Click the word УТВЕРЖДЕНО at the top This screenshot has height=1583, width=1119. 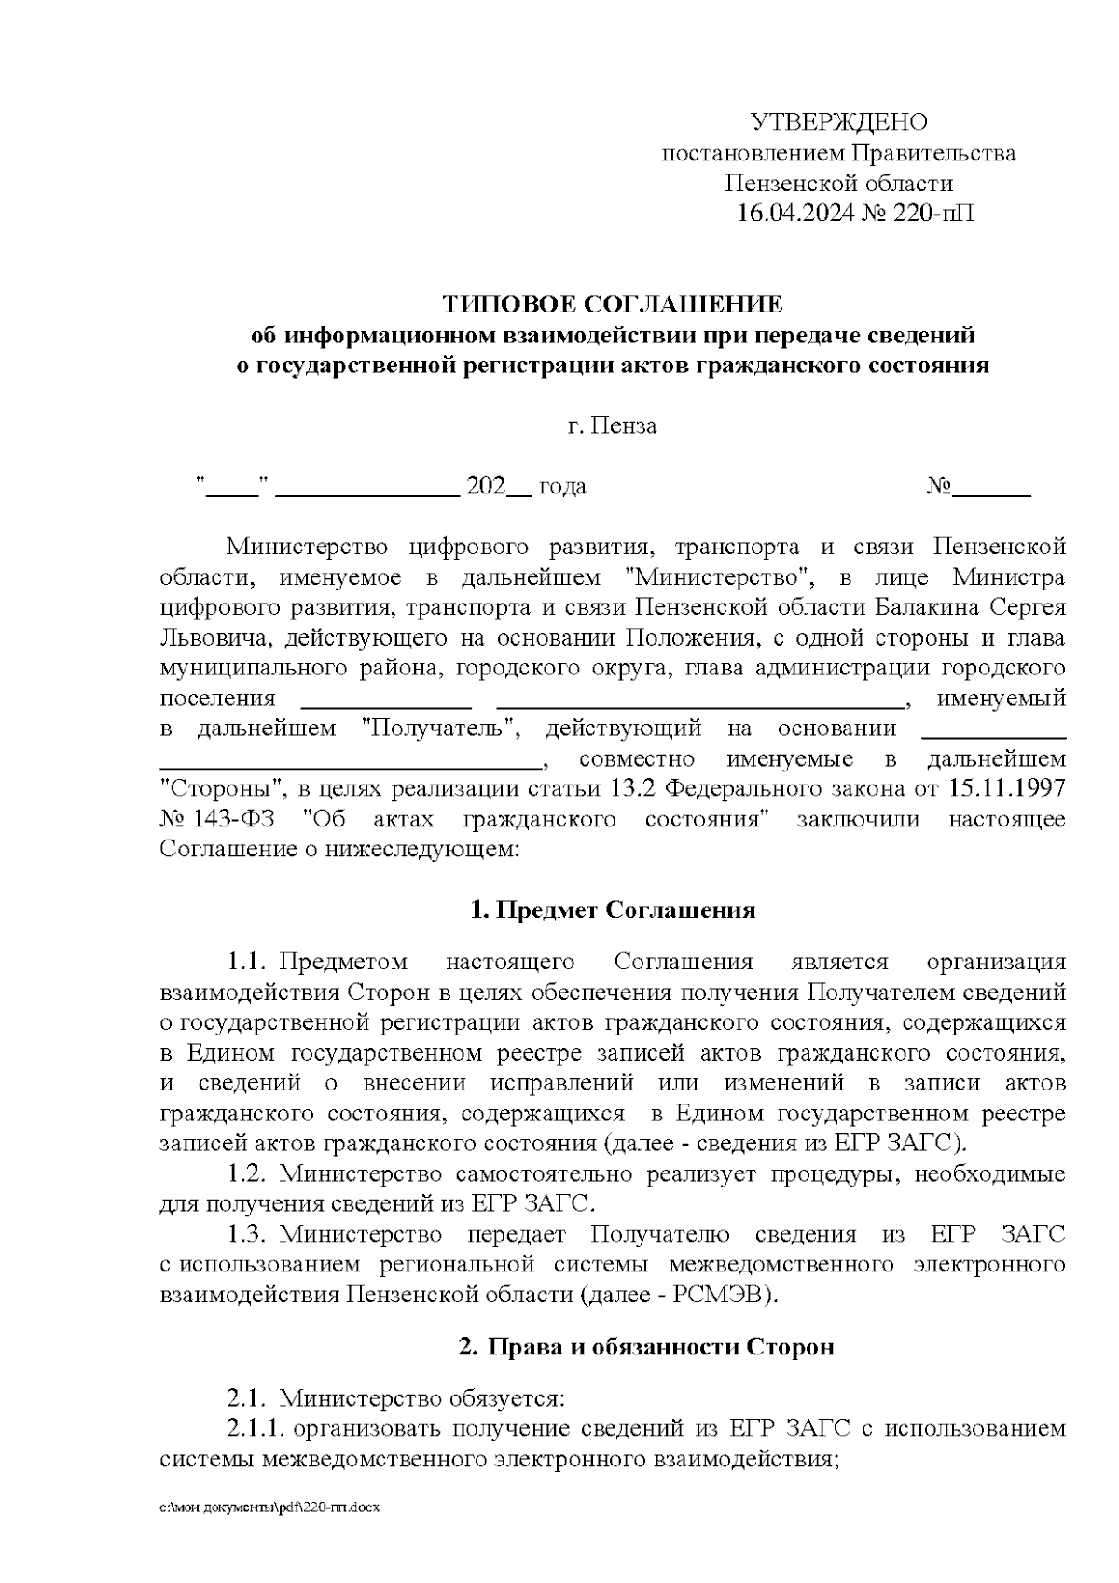839,122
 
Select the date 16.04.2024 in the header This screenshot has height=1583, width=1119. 794,214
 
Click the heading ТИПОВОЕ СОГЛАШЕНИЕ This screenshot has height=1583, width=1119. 613,304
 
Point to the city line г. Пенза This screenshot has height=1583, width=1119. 613,426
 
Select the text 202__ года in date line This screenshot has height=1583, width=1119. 526,487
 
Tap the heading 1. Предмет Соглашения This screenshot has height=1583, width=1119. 613,910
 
